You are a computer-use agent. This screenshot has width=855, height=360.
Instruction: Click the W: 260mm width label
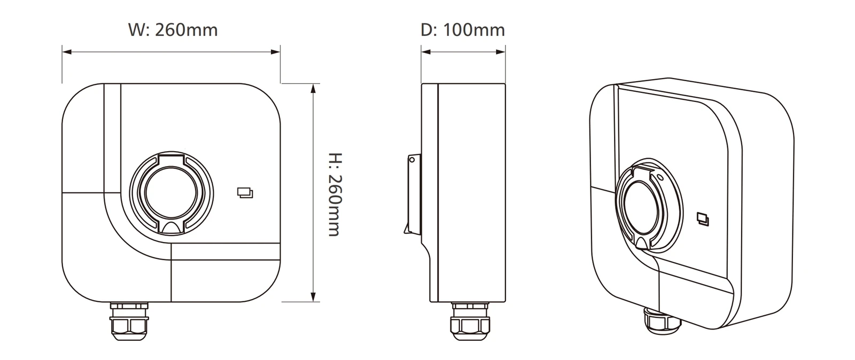click(x=173, y=30)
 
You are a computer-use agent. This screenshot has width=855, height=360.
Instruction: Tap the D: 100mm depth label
click(x=463, y=30)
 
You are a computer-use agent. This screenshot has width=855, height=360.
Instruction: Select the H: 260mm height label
click(x=336, y=194)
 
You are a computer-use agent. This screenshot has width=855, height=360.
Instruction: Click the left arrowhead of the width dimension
click(x=67, y=52)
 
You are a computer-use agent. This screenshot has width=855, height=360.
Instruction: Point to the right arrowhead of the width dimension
click(x=276, y=52)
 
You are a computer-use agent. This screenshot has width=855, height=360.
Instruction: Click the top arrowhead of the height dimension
click(x=313, y=89)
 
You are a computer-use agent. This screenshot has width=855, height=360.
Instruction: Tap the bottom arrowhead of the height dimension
click(x=313, y=296)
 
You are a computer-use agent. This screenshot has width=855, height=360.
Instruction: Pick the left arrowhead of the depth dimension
click(x=426, y=52)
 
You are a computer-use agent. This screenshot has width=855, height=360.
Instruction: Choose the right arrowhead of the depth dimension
click(x=501, y=52)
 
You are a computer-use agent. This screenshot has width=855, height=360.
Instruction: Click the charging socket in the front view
click(x=172, y=193)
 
